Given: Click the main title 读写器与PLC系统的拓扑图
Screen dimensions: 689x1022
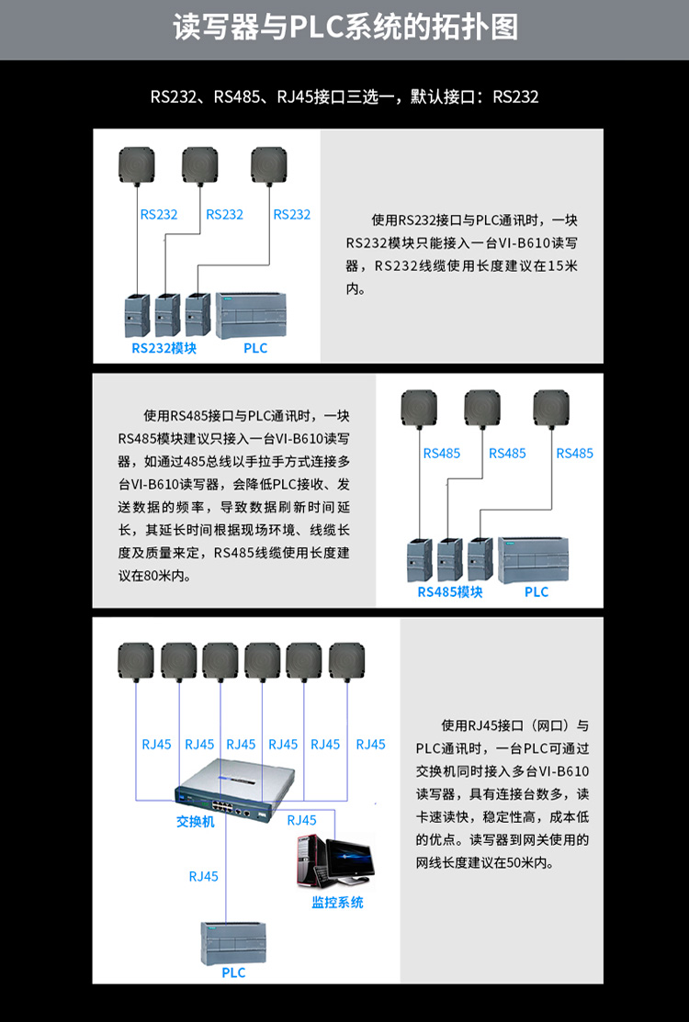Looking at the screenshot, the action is tap(344, 28).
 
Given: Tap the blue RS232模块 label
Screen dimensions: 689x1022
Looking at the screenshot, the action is tap(164, 348).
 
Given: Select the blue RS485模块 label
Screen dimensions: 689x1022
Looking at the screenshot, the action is tap(450, 592).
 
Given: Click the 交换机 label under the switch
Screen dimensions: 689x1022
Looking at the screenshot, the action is tap(195, 822).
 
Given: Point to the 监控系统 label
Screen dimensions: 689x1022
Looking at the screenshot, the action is tap(337, 902).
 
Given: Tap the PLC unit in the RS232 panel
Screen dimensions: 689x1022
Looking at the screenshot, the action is tap(251, 316).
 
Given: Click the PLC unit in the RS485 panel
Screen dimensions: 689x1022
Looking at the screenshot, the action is tap(533, 560).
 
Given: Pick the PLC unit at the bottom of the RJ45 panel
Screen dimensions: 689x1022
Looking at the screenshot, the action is tap(233, 943).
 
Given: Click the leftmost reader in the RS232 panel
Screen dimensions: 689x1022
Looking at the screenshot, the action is tap(137, 165).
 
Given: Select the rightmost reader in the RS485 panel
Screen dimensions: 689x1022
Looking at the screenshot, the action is tap(551, 408).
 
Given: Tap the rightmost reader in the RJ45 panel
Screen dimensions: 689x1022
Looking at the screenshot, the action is tap(346, 662).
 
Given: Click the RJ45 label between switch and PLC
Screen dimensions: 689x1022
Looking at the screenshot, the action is tap(203, 877).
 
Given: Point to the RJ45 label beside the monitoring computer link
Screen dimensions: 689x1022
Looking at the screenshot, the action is tap(302, 821).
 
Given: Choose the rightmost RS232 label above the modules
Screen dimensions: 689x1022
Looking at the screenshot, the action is tap(292, 215).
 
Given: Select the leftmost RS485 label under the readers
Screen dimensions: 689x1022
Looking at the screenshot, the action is tap(441, 454).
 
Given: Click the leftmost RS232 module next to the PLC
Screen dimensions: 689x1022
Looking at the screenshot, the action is tap(137, 316).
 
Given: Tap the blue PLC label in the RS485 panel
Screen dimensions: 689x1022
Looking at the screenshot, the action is tap(537, 592).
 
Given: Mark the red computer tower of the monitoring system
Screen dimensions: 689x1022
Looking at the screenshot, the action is tap(308, 859).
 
